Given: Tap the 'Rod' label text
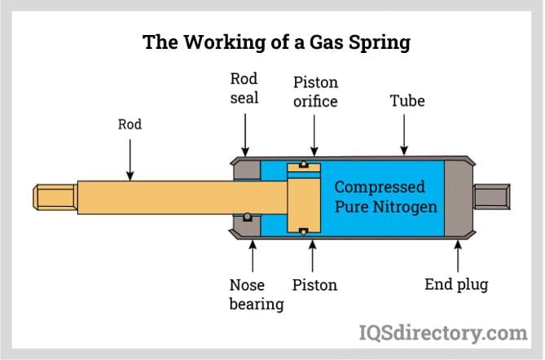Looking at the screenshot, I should (x=130, y=125).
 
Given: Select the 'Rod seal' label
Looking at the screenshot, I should (x=244, y=88).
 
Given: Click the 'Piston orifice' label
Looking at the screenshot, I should (x=315, y=92).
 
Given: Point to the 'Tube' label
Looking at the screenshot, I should (x=407, y=102).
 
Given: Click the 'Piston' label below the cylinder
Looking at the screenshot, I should (x=314, y=285).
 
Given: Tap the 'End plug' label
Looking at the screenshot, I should (x=456, y=285).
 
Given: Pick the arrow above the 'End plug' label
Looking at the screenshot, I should (x=457, y=255).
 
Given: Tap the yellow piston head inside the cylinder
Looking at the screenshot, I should (x=304, y=197).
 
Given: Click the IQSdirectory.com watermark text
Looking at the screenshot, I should (x=443, y=332).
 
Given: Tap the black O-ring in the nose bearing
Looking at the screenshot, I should (x=245, y=217).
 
